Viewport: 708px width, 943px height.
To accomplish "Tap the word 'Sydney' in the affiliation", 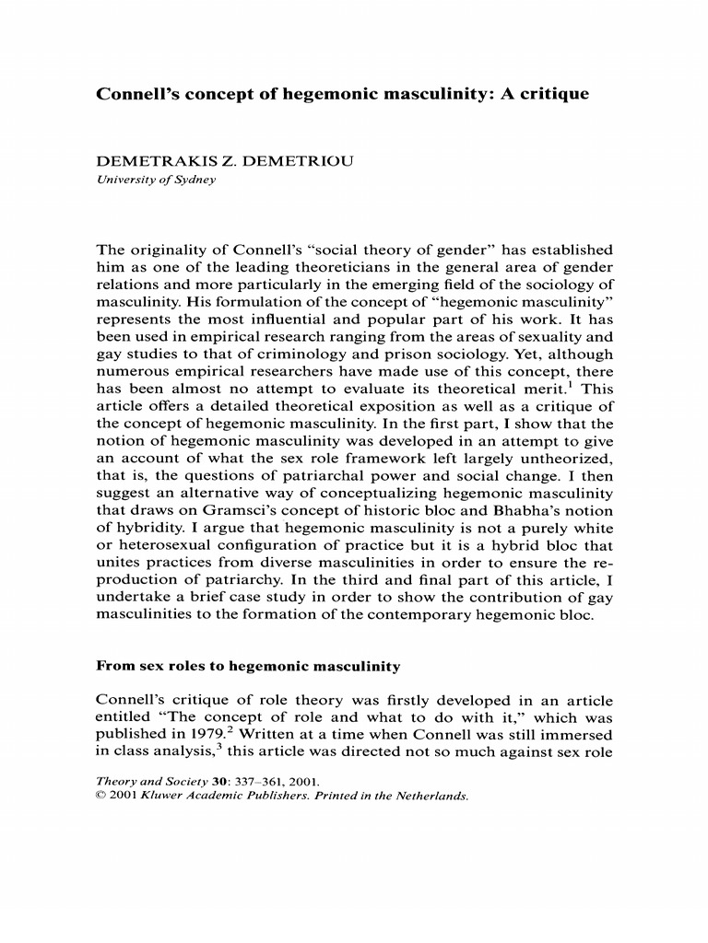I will tap(195, 180).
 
